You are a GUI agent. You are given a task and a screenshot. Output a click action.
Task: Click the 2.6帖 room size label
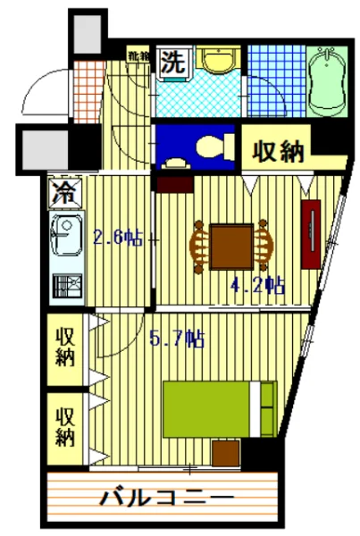118,238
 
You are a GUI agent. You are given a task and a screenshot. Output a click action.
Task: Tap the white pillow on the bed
267,408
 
